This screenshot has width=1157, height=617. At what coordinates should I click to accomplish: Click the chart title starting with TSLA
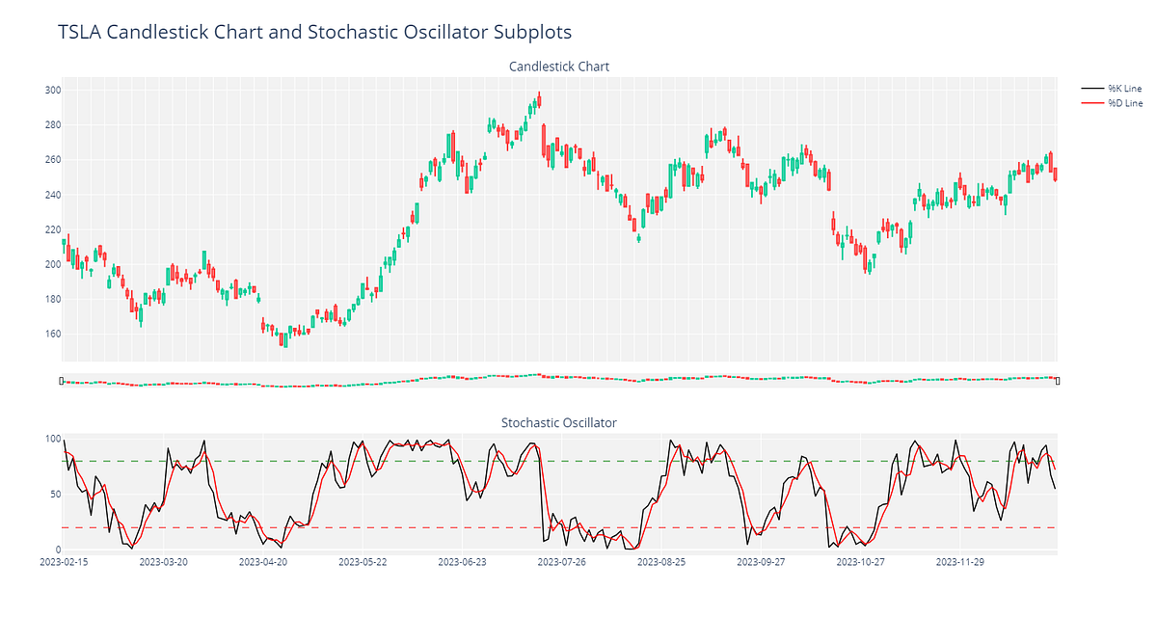314,32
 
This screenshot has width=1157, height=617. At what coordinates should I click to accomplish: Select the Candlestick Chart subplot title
559,67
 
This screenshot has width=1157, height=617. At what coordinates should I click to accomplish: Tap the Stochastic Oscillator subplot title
559,422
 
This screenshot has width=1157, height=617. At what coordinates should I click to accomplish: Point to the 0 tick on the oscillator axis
56,550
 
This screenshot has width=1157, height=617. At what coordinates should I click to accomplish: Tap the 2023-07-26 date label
561,561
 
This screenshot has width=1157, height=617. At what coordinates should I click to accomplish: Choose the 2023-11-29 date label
960,561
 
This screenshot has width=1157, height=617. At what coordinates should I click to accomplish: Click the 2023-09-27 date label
761,561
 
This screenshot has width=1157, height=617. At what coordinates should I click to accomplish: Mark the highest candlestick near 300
539,99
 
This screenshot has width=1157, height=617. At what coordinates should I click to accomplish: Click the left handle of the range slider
62,381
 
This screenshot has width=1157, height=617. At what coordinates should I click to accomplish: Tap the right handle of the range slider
1058,381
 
